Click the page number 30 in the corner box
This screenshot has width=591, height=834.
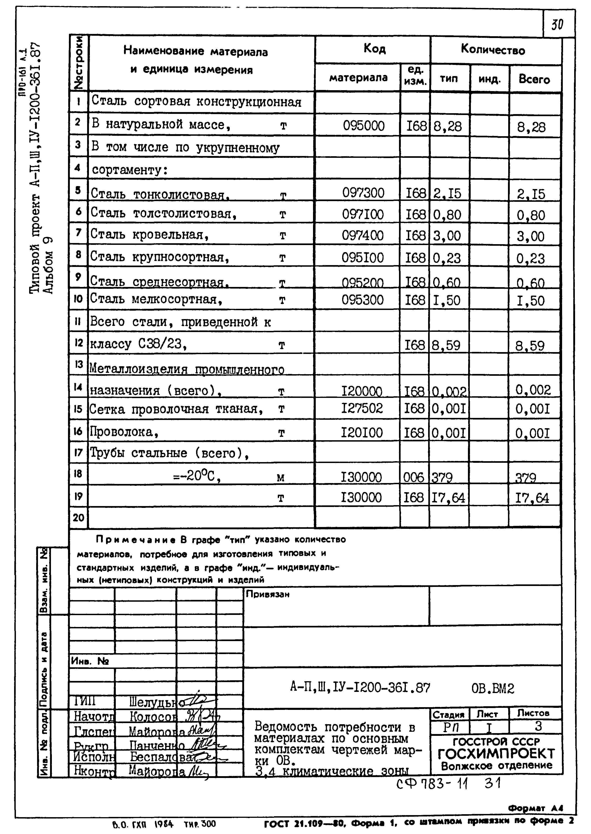click(557, 24)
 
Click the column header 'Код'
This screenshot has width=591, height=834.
click(374, 49)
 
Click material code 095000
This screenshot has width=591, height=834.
click(364, 126)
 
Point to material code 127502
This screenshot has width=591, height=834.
click(362, 408)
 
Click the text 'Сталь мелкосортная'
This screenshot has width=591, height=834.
click(156, 299)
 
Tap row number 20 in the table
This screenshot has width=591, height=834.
click(78, 517)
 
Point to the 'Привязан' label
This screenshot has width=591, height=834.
click(268, 594)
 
